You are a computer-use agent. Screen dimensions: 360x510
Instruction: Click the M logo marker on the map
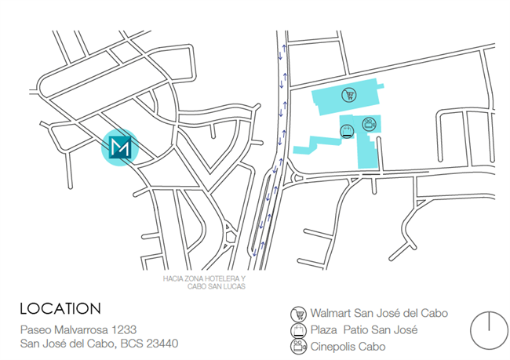(121, 147)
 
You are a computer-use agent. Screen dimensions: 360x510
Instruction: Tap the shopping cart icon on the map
(348, 95)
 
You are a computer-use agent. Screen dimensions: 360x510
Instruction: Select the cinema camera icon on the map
(368, 122)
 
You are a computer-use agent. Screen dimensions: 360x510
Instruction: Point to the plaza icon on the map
(346, 131)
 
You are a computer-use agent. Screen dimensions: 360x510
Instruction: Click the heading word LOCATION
(60, 308)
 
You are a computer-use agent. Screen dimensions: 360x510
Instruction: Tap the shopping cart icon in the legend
(297, 313)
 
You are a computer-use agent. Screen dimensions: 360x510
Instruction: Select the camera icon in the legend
(297, 346)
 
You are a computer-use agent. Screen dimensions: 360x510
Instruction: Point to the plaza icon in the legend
(297, 329)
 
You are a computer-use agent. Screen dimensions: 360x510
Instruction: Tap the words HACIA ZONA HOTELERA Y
(204, 278)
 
